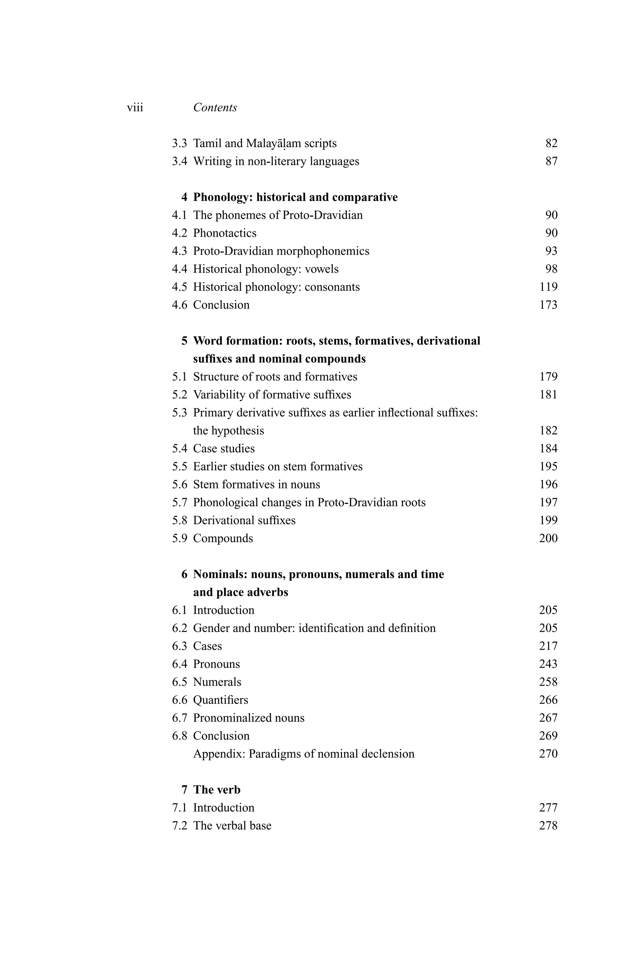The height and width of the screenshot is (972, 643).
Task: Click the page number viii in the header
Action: click(135, 108)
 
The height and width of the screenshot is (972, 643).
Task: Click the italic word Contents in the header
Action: click(215, 108)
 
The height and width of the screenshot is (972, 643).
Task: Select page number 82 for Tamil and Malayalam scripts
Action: click(551, 143)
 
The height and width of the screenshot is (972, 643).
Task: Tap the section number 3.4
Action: click(179, 162)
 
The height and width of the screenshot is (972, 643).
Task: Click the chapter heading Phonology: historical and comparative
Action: click(295, 198)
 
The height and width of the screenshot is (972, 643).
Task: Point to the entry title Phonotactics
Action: click(225, 233)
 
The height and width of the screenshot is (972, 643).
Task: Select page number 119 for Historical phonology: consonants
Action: click(548, 287)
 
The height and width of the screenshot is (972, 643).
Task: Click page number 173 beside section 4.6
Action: click(548, 305)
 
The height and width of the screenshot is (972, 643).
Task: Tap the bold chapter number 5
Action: click(184, 341)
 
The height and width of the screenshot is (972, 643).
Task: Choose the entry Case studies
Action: click(224, 449)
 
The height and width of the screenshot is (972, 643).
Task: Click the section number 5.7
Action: click(179, 502)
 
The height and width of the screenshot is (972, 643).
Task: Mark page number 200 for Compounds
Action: click(548, 539)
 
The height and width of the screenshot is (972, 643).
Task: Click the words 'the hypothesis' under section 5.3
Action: click(229, 431)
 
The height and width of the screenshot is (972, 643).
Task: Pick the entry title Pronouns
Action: click(217, 664)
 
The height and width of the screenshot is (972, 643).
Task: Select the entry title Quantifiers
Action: click(221, 700)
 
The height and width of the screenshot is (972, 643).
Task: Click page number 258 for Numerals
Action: click(548, 682)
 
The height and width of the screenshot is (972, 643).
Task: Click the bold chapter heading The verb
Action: click(217, 790)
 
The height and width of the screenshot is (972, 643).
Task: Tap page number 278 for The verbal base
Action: click(548, 826)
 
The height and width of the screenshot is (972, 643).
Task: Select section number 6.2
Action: click(179, 628)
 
